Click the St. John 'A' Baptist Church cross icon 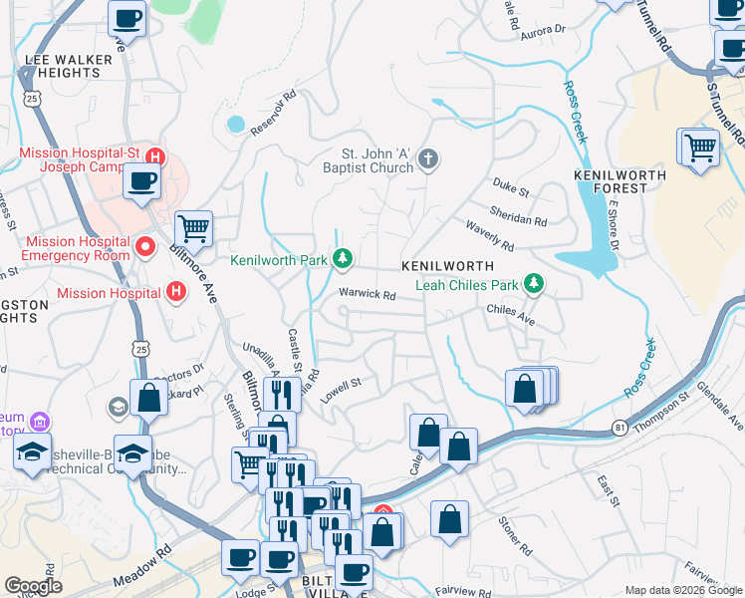coord(428,159)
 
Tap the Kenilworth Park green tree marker coord(343,259)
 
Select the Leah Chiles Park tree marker coord(535,285)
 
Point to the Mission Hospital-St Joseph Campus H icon coord(154,156)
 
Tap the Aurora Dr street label coord(542,34)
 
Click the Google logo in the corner coord(33,586)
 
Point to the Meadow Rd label coord(142,565)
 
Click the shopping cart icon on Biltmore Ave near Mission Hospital coord(193,228)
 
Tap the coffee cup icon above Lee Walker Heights coord(127,18)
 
